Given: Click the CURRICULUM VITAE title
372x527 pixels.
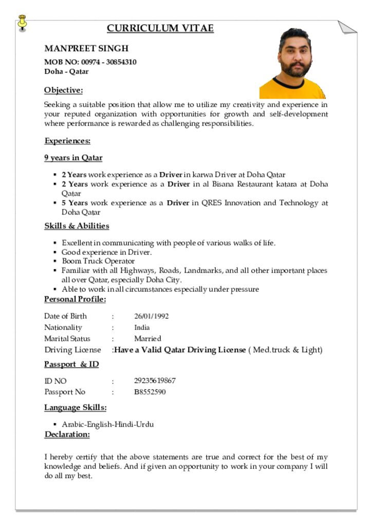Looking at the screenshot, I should (160, 28).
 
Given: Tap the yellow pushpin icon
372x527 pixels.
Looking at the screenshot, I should (22, 23).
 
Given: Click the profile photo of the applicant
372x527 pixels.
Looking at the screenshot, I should (293, 63).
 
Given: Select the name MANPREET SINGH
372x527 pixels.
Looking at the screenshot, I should (86, 48).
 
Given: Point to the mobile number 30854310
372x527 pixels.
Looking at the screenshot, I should (121, 62).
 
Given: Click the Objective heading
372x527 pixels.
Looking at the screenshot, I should (63, 91).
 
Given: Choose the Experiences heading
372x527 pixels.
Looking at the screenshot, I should (67, 141).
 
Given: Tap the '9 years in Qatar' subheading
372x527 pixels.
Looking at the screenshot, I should (73, 158).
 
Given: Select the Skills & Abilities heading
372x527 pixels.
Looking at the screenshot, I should (77, 226).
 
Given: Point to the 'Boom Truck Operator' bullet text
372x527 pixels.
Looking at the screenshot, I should (98, 261).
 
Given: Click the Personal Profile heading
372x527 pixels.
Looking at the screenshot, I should (75, 300).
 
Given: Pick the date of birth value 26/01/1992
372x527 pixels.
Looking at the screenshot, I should (152, 316).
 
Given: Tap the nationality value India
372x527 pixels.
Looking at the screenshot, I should (142, 327).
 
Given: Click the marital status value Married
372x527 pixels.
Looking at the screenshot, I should (147, 339).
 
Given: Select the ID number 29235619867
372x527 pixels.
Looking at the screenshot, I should (155, 381).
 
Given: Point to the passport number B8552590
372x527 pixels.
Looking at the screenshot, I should (150, 392).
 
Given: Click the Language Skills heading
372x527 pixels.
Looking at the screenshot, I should (75, 408).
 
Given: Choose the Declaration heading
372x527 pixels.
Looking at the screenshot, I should (67, 435).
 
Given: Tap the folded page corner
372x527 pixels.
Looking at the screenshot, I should (347, 27).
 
